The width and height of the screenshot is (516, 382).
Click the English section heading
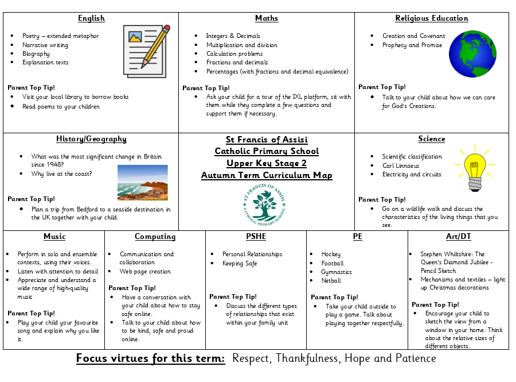point(91,18)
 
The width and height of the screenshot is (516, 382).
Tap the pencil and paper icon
point(146,51)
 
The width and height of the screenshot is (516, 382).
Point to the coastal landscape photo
point(142,183)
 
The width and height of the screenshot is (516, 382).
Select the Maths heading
point(267,18)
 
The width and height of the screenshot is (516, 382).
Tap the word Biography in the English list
point(36,53)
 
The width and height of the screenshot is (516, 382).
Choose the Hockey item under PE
point(331,254)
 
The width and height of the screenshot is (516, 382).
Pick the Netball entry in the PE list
point(331,280)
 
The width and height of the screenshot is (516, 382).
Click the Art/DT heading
point(459,237)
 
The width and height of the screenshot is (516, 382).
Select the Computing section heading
point(155,237)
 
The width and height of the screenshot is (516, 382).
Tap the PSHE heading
point(256,237)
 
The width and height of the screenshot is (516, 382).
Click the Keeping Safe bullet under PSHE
point(240,263)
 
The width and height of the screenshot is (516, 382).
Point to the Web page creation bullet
point(145,271)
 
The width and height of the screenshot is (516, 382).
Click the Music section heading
point(54,237)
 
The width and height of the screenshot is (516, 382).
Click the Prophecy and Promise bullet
point(412,45)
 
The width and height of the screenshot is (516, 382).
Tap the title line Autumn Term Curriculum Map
point(267,175)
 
